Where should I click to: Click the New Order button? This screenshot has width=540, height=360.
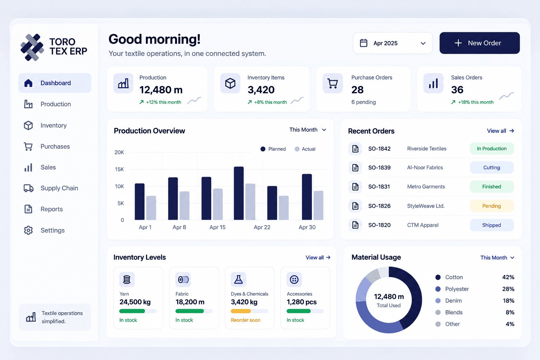point(480,43)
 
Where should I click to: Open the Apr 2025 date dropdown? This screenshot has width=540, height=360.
point(393,43)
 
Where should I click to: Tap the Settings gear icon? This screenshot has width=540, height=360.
point(28,230)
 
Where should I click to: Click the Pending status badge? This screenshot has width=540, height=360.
point(491,206)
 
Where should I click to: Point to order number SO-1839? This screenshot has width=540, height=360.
point(379,168)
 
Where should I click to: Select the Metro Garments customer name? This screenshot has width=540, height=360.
point(426,187)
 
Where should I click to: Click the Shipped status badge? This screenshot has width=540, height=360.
point(491,225)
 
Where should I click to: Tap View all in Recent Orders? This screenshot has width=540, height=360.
point(501,131)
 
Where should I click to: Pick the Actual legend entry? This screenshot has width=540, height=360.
point(305,149)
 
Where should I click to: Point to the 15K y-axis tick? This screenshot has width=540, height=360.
point(119,169)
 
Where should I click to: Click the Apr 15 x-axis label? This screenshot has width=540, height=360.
point(218,227)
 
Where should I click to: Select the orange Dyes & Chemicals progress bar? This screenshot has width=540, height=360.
point(241,311)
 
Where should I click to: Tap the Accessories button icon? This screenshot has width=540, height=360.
point(294,279)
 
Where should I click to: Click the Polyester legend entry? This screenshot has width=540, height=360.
point(452,289)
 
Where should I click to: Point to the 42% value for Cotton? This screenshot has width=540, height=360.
point(508,277)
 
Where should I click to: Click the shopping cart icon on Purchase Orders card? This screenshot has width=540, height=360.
point(333,83)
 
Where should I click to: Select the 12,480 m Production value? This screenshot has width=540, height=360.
point(161,90)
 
